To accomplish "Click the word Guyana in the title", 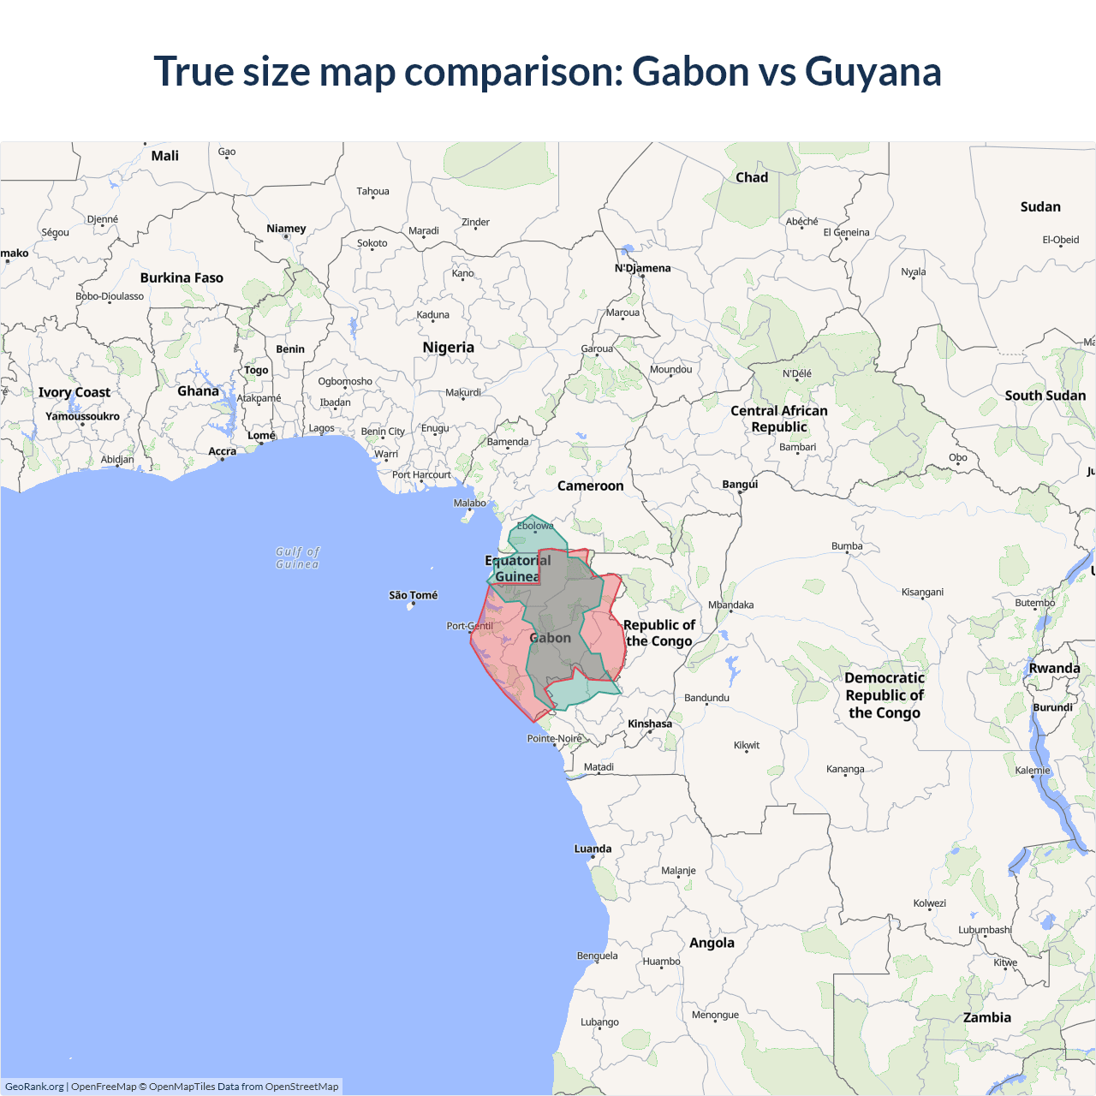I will tap(873, 71).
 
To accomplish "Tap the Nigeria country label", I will tap(448, 348).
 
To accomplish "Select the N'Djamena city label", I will tap(642, 268).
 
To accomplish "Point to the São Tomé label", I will tap(413, 595).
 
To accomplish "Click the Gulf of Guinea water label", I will tap(297, 557).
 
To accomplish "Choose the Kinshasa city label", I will tap(650, 724).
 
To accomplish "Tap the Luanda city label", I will tap(593, 849).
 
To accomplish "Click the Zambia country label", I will tap(986, 1017).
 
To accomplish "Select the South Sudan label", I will tap(1045, 396).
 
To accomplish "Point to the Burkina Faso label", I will tap(182, 277).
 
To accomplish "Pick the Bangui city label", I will tap(740, 484).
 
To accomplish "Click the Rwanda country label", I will tap(1054, 668).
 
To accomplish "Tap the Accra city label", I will tap(222, 451).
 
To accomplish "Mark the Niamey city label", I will tap(286, 229).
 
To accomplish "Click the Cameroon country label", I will tap(590, 485).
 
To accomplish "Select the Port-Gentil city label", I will tap(469, 626).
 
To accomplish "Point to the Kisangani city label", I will tap(922, 592).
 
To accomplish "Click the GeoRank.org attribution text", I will tap(34, 1087).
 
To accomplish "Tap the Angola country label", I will tap(712, 943).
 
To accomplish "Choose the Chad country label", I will tap(752, 177).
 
